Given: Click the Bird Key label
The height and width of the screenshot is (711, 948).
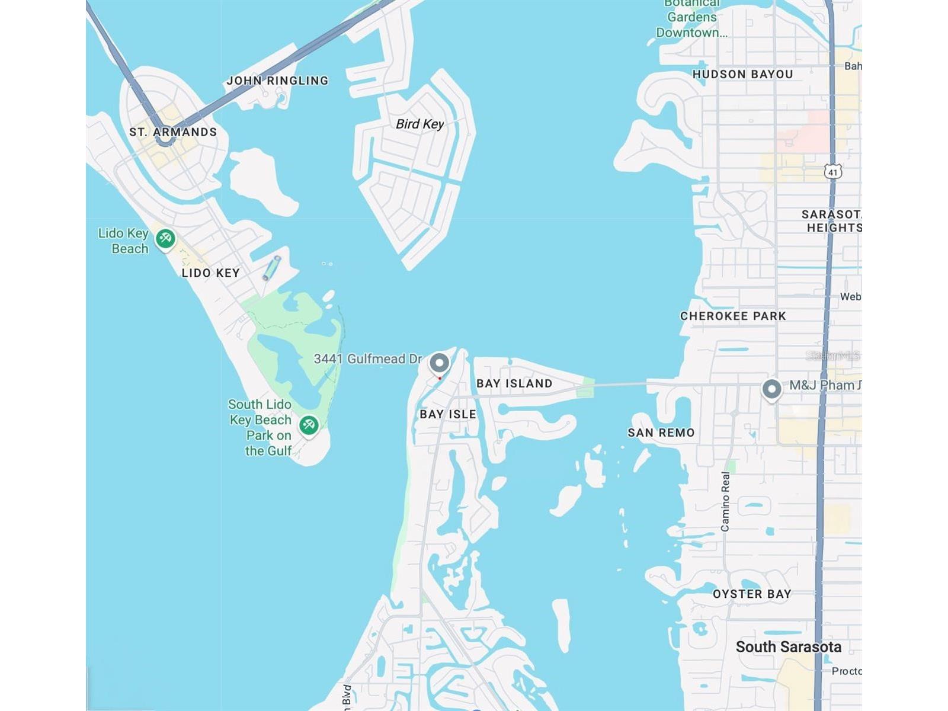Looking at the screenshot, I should coord(419,124).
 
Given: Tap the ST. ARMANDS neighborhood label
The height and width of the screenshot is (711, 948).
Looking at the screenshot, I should coord(173,132).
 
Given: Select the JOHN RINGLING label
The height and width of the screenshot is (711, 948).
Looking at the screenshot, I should coord(277,81).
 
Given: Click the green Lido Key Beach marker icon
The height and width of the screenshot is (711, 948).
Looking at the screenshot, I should coord(165,238).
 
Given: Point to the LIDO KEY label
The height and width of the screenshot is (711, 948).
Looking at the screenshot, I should coord(210,273).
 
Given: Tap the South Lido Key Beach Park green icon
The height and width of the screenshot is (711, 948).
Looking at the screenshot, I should coord(309,424).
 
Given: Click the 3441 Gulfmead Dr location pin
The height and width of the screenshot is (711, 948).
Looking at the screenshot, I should coord(439,362).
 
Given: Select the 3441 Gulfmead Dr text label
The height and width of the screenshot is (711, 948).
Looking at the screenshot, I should coord(367,359).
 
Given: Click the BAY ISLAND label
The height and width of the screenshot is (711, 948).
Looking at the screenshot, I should coord(514,384).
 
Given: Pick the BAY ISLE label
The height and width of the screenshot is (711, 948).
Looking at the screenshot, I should coord(448,415).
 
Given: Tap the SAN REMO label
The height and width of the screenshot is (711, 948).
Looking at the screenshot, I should coord(661,433).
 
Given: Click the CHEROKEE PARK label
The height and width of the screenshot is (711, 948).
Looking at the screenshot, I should coord(733,316).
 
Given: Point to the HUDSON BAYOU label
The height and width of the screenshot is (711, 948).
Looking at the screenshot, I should coord(742,75).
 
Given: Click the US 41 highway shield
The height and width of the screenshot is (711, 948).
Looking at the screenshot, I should coord(833,172).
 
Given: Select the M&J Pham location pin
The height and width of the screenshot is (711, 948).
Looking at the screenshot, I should coord(771,389).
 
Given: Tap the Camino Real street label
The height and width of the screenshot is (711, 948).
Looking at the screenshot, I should coord(726,501).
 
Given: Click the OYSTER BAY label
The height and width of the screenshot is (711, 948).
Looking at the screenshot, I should coord(752,594).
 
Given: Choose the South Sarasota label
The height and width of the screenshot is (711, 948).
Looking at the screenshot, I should coord(788,647).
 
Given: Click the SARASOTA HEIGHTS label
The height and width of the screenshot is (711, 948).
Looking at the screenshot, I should coord(831,221).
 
